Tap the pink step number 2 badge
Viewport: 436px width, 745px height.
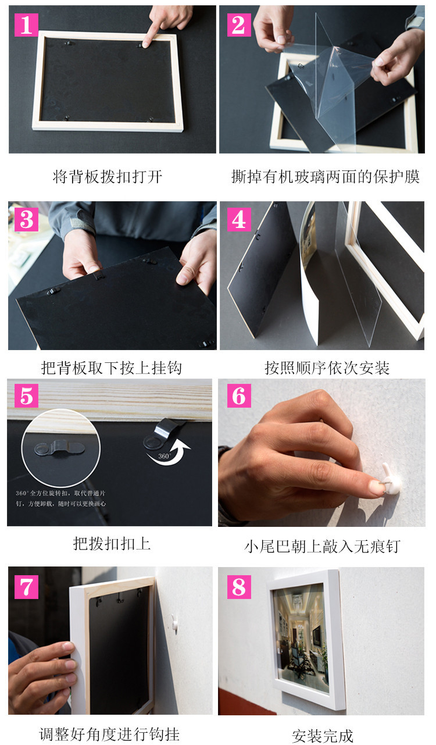coord(238,24)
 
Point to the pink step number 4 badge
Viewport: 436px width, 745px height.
coord(238,219)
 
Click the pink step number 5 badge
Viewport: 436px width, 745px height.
coord(26,396)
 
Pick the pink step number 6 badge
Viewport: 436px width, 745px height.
coord(238,396)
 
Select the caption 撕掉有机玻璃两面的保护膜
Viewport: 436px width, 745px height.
coord(325,177)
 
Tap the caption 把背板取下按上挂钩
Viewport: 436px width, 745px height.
coord(111,368)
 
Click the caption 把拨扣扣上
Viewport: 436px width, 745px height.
coord(112,544)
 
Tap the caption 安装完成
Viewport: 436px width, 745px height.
coord(322,736)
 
